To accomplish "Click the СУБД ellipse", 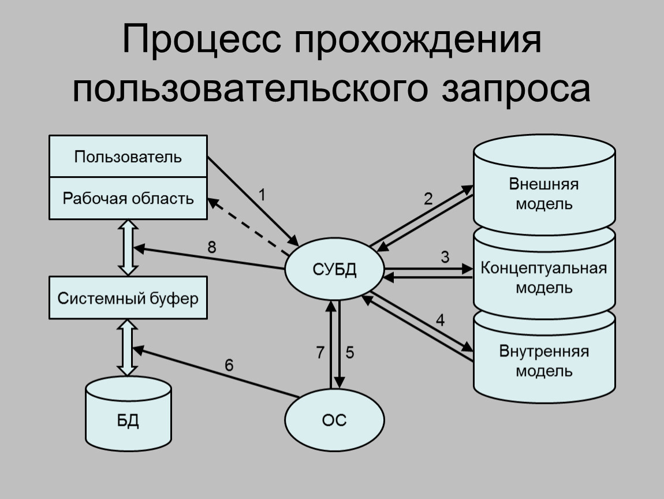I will coord(334,269).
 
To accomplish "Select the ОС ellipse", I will coord(334,421).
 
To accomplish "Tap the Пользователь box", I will coord(128,156).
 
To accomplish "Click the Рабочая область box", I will coord(128,199).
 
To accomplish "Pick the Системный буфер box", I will coord(128,299).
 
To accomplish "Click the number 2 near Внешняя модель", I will coord(428,199).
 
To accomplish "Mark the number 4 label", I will coord(440,321).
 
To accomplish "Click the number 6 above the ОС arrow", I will coord(229,365).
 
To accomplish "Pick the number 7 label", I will coord(320,353).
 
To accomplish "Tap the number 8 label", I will coord(212,248).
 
